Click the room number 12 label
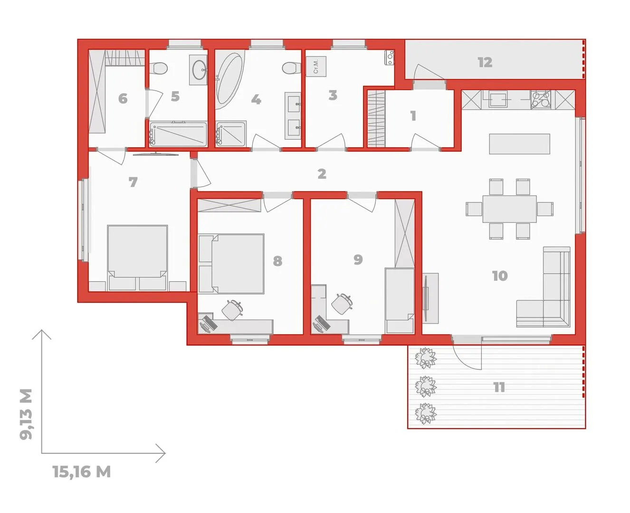[x=485, y=62]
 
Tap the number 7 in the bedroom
[x=133, y=182]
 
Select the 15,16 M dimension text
[x=82, y=472]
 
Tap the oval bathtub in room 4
[x=229, y=79]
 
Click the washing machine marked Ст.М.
[x=316, y=66]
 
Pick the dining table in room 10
[x=509, y=209]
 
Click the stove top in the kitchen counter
[x=541, y=100]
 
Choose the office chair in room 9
[x=342, y=304]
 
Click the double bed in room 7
[x=137, y=258]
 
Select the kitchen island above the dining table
[x=519, y=144]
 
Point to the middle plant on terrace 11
[x=426, y=387]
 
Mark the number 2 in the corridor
[x=322, y=174]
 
